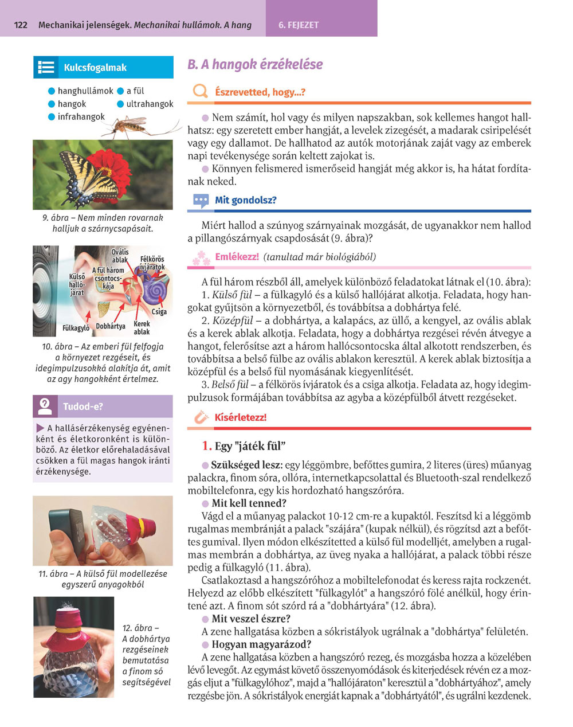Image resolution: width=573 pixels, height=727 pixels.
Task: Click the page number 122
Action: click(x=21, y=25)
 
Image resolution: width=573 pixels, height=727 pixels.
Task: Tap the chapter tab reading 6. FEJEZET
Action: click(x=299, y=25)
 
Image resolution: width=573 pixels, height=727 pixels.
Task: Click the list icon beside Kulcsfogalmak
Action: click(x=46, y=68)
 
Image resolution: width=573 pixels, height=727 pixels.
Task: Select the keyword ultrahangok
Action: click(x=150, y=104)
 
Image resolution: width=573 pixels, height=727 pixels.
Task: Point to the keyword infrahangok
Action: click(x=81, y=116)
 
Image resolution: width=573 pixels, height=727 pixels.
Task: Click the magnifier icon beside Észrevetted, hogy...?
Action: click(x=200, y=92)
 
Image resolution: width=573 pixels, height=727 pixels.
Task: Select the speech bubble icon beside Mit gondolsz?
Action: click(x=201, y=201)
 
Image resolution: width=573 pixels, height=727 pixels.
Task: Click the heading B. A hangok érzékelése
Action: click(x=255, y=64)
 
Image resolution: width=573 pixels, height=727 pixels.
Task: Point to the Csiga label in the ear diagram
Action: click(x=159, y=312)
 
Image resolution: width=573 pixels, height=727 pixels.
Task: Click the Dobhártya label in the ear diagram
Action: click(x=111, y=326)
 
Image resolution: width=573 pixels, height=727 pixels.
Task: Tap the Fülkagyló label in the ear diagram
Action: click(x=76, y=329)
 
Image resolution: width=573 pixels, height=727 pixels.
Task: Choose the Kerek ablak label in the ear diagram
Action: click(x=142, y=327)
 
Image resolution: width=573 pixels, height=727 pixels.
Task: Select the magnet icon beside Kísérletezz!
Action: click(x=201, y=417)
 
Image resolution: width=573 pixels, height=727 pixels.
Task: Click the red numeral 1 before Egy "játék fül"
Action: click(x=207, y=446)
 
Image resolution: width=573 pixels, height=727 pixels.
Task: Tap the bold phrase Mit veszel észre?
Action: click(x=251, y=619)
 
